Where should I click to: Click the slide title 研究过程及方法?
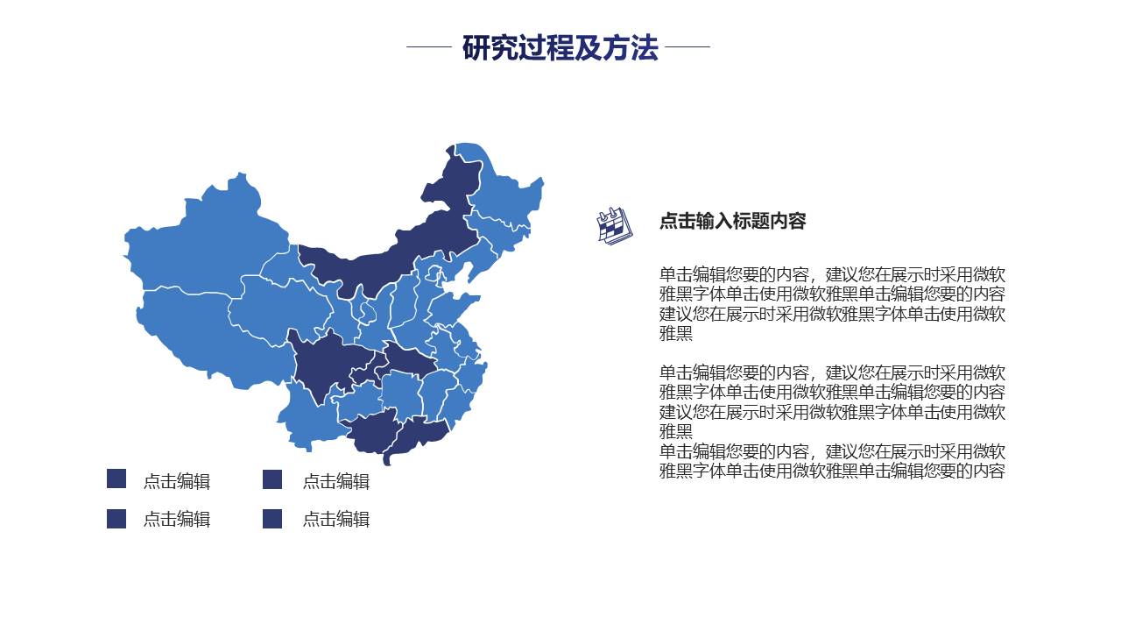click(x=560, y=47)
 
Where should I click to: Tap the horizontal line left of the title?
click(x=428, y=47)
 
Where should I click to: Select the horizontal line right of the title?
click(x=687, y=47)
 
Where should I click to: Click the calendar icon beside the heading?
click(x=613, y=225)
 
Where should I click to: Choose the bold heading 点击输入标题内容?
click(x=732, y=221)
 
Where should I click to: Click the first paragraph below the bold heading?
click(x=832, y=303)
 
